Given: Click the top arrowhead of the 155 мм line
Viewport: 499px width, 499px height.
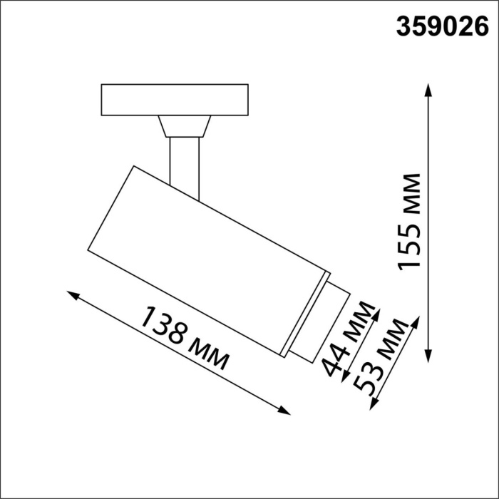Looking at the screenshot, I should pyautogui.click(x=428, y=87).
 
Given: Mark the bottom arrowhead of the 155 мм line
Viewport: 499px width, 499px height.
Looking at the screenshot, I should pyautogui.click(x=428, y=358).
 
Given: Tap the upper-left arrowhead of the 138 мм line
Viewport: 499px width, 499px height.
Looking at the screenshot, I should pyautogui.click(x=71, y=294).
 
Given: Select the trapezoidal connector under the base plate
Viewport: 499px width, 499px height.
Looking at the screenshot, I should pyautogui.click(x=184, y=126).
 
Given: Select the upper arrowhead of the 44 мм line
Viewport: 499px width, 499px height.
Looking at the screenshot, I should pyautogui.click(x=379, y=312).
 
